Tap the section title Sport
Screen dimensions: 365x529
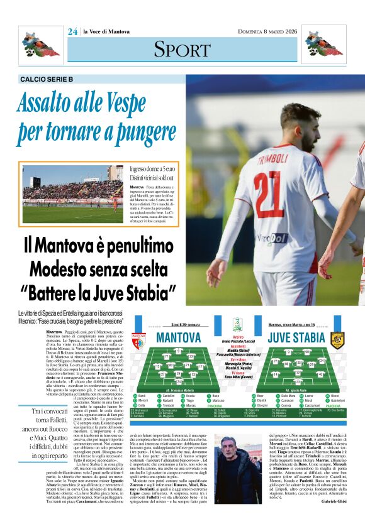click(x=182, y=48)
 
